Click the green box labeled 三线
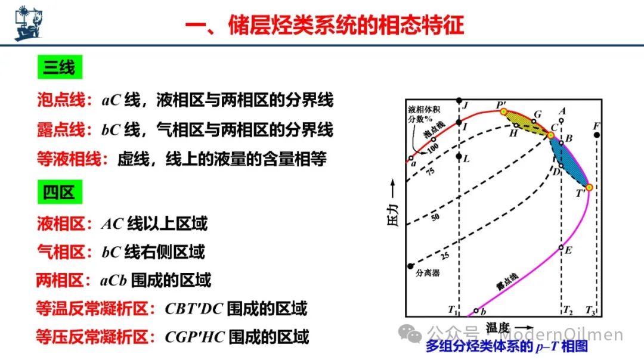coord(60,67)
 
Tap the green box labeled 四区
coord(60,192)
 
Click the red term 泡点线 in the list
coord(61,100)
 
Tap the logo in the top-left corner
coord(29,23)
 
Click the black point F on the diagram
coord(597,135)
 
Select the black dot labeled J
coord(459,101)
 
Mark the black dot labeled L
coord(459,156)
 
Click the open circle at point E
coord(561,247)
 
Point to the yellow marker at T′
coord(589,188)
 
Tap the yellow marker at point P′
coord(503,111)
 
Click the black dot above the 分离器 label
coord(410,266)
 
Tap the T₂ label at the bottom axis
coord(568,310)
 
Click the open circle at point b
coord(476,311)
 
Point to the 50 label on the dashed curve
coord(435,216)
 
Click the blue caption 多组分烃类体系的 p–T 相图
coord(507,346)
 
